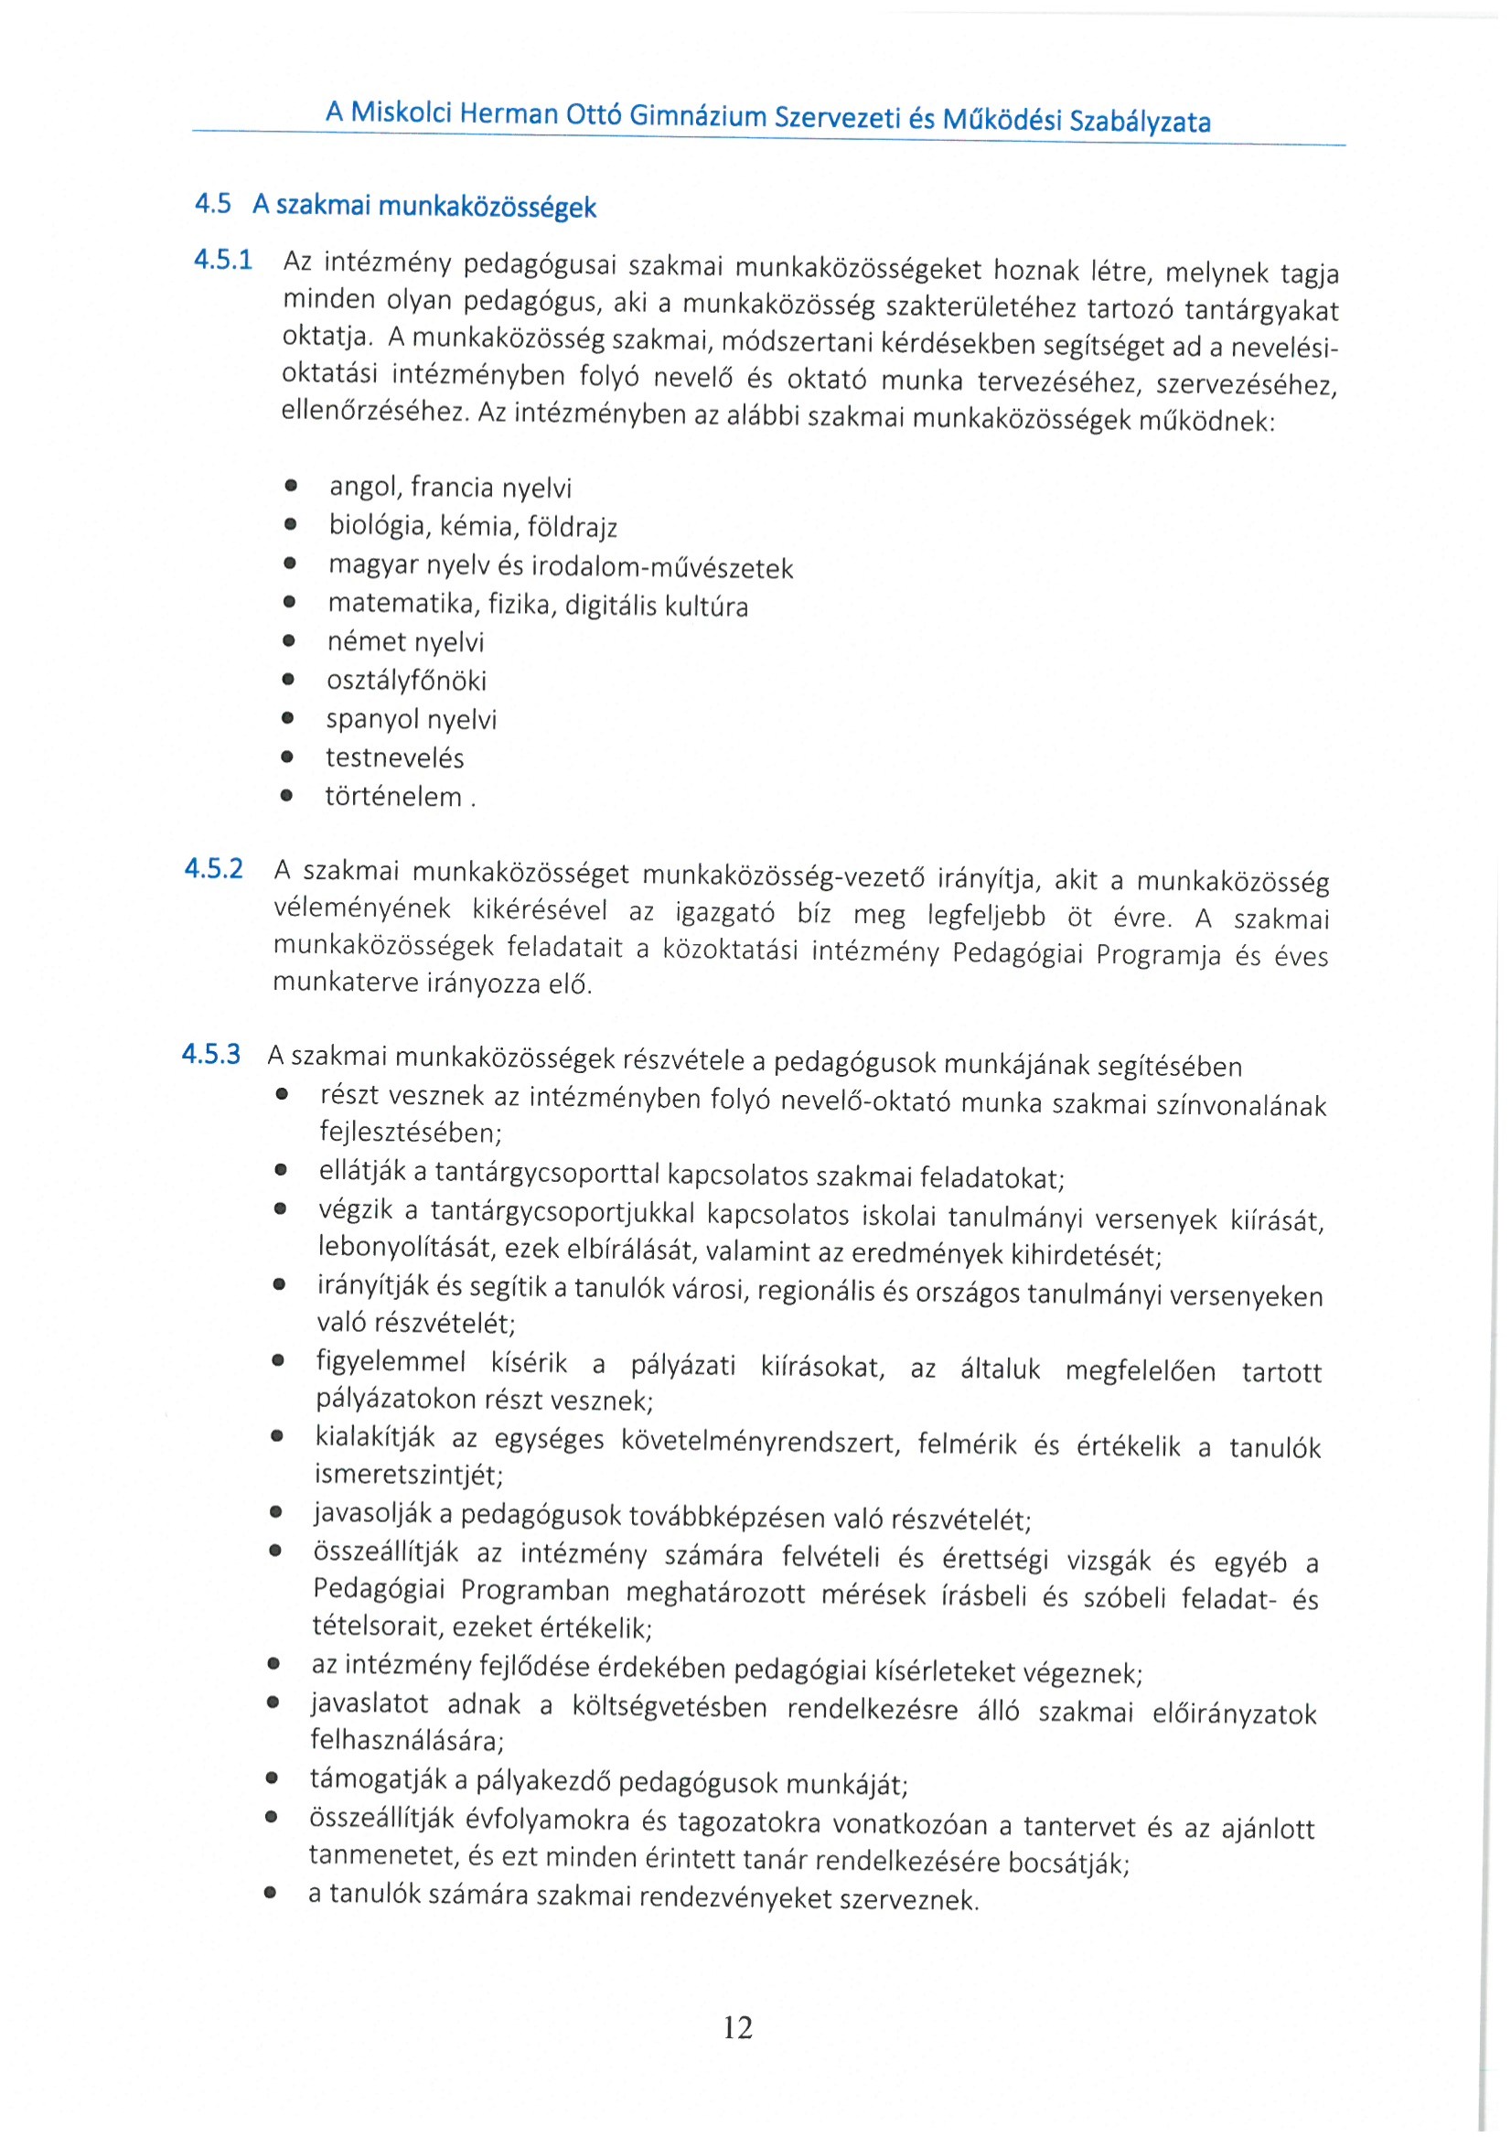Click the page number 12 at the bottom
pos(737,2027)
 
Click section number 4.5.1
pos(222,260)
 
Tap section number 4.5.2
pos(213,868)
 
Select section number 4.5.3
pos(210,1054)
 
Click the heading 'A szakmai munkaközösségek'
pos(423,206)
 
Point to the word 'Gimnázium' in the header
pos(698,115)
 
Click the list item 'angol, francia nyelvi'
pos(450,487)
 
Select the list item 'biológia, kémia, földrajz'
pos(473,527)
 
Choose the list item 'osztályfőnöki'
pos(406,681)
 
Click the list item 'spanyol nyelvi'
pos(411,719)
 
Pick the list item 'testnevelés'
pos(394,757)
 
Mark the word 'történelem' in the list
pos(392,797)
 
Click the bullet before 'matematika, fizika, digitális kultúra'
pos(289,603)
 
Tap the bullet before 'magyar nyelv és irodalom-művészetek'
pos(290,564)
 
